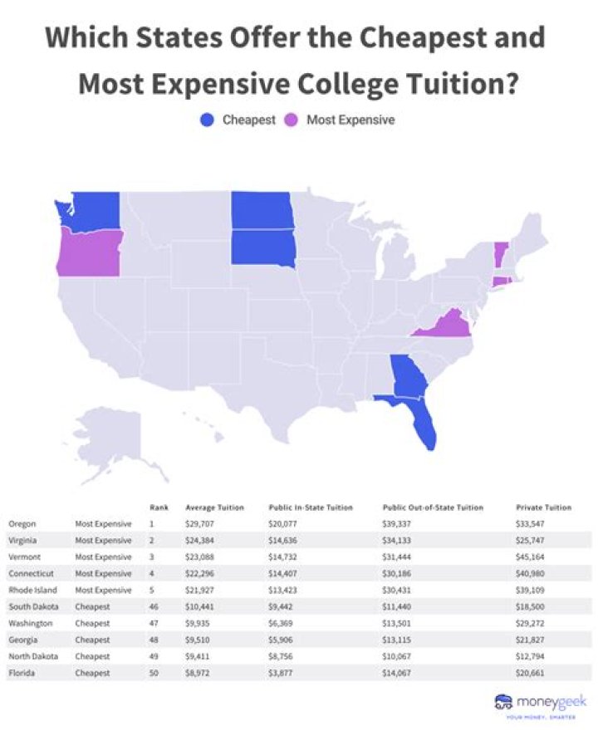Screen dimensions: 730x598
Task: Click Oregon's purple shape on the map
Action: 90,252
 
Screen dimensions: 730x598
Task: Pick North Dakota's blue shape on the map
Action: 262,210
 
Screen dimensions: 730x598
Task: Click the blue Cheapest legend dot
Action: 208,120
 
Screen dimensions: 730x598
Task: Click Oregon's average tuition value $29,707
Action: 200,524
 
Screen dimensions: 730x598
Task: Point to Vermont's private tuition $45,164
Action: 532,557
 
